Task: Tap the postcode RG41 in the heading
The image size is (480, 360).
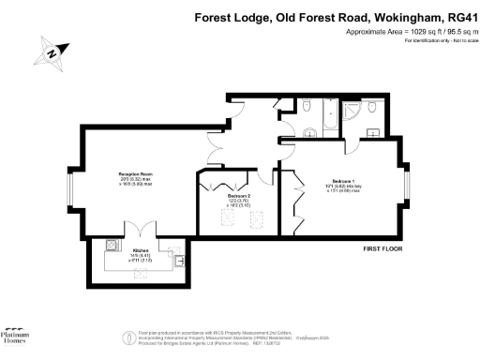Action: point(457,16)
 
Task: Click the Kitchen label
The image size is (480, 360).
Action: point(141,251)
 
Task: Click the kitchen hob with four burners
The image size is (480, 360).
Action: point(111,247)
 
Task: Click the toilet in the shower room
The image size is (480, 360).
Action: point(372,111)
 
